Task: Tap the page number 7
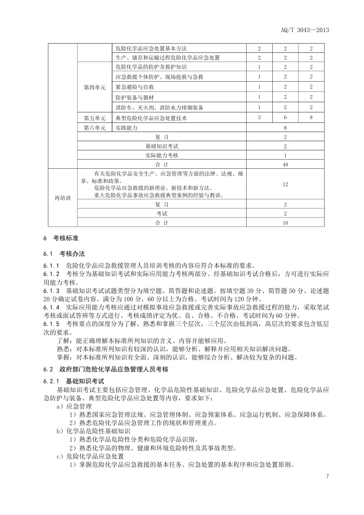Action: (328, 476)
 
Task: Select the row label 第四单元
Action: (94, 87)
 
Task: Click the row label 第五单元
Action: (94, 118)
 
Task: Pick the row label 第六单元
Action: (94, 128)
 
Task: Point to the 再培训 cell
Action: (63, 198)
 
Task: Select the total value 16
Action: (285, 223)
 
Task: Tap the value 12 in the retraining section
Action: (285, 184)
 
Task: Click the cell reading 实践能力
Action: (127, 128)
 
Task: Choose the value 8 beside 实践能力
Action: (285, 128)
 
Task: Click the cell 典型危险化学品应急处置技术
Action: (151, 118)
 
